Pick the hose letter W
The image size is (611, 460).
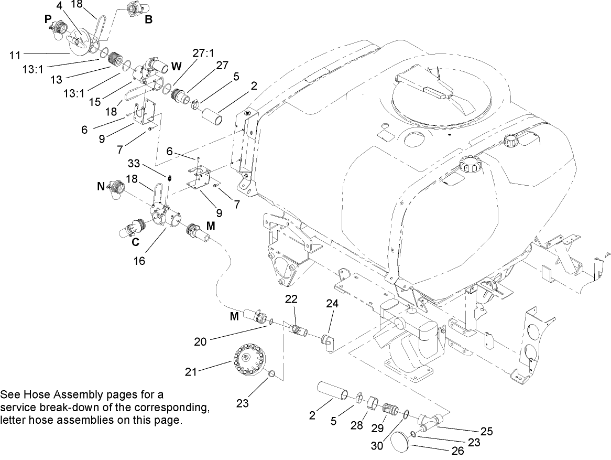176,67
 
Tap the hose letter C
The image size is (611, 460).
135,242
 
